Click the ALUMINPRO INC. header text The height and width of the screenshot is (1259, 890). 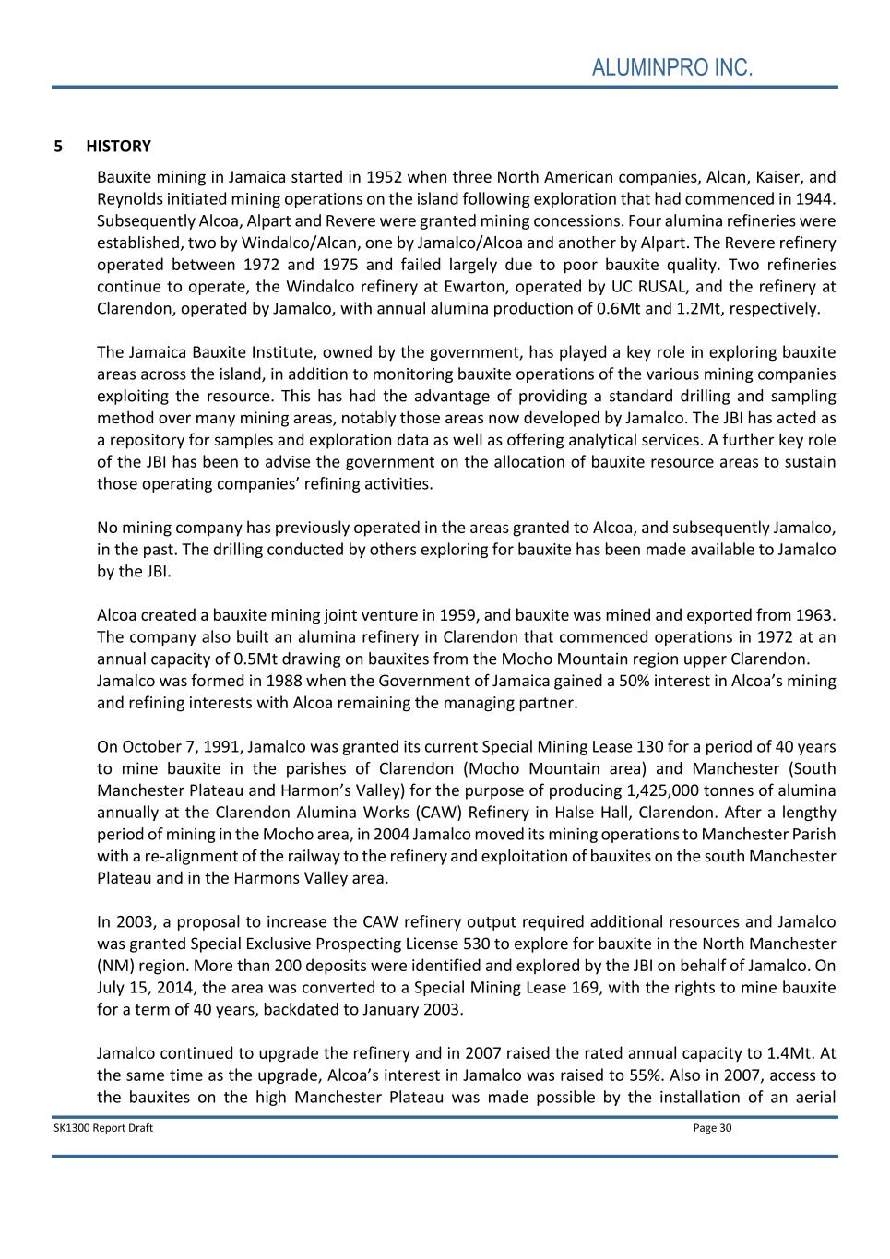(x=672, y=67)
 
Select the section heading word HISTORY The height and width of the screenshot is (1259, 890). (x=118, y=146)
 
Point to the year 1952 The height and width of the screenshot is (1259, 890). (x=384, y=177)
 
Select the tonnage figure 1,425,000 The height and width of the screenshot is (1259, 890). (x=670, y=791)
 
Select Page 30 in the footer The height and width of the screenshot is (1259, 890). (x=712, y=1128)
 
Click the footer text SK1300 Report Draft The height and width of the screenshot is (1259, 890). (x=103, y=1128)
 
